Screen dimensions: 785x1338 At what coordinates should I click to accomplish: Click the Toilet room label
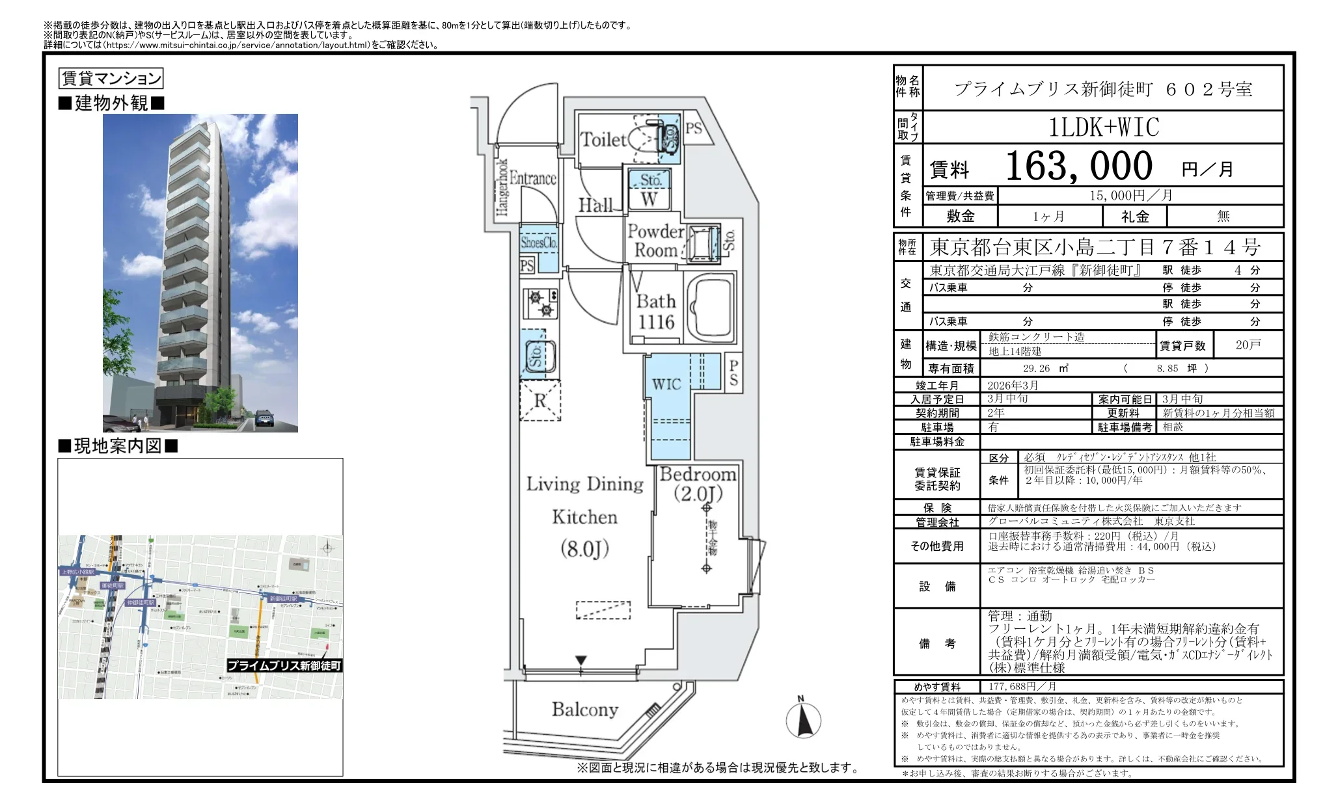(x=603, y=139)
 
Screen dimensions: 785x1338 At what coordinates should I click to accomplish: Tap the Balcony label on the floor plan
(x=584, y=709)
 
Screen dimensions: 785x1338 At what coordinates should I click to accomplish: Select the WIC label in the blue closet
(x=666, y=384)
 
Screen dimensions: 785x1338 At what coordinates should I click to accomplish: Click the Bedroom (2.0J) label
(x=698, y=484)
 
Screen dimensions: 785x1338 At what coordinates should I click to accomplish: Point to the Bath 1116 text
(x=656, y=312)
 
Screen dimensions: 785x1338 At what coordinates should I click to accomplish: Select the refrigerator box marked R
(x=539, y=400)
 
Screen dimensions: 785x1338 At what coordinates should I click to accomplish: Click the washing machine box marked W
(x=649, y=199)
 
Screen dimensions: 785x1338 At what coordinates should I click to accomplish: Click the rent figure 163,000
(x=1079, y=166)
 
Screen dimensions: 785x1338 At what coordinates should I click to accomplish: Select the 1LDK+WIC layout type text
(x=1104, y=127)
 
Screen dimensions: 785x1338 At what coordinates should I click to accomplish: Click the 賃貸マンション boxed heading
(x=111, y=79)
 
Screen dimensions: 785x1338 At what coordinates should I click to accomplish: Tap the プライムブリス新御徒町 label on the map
(x=284, y=665)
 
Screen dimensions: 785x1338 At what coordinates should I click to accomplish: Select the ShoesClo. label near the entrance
(x=539, y=242)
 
